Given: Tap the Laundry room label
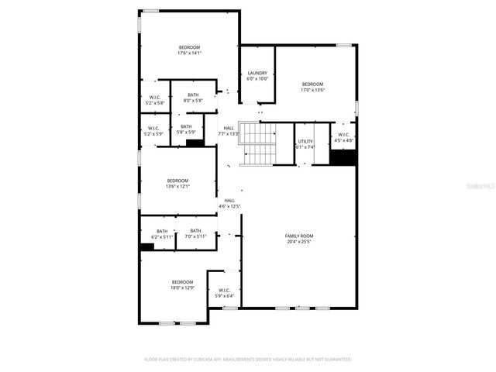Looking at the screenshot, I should click(257, 73).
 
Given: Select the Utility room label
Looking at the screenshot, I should click(305, 141).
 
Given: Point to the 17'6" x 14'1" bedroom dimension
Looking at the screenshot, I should click(189, 53).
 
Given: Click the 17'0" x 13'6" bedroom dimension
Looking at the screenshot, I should click(312, 90).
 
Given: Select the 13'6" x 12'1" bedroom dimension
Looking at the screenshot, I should click(177, 186).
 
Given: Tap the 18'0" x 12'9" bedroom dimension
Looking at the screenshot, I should click(182, 288).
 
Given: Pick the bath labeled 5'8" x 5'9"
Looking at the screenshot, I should click(186, 133).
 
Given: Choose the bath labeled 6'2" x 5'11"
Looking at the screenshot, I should click(162, 236).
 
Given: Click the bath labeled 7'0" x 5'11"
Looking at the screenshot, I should click(195, 236).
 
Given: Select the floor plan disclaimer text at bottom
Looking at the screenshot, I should click(248, 359).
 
